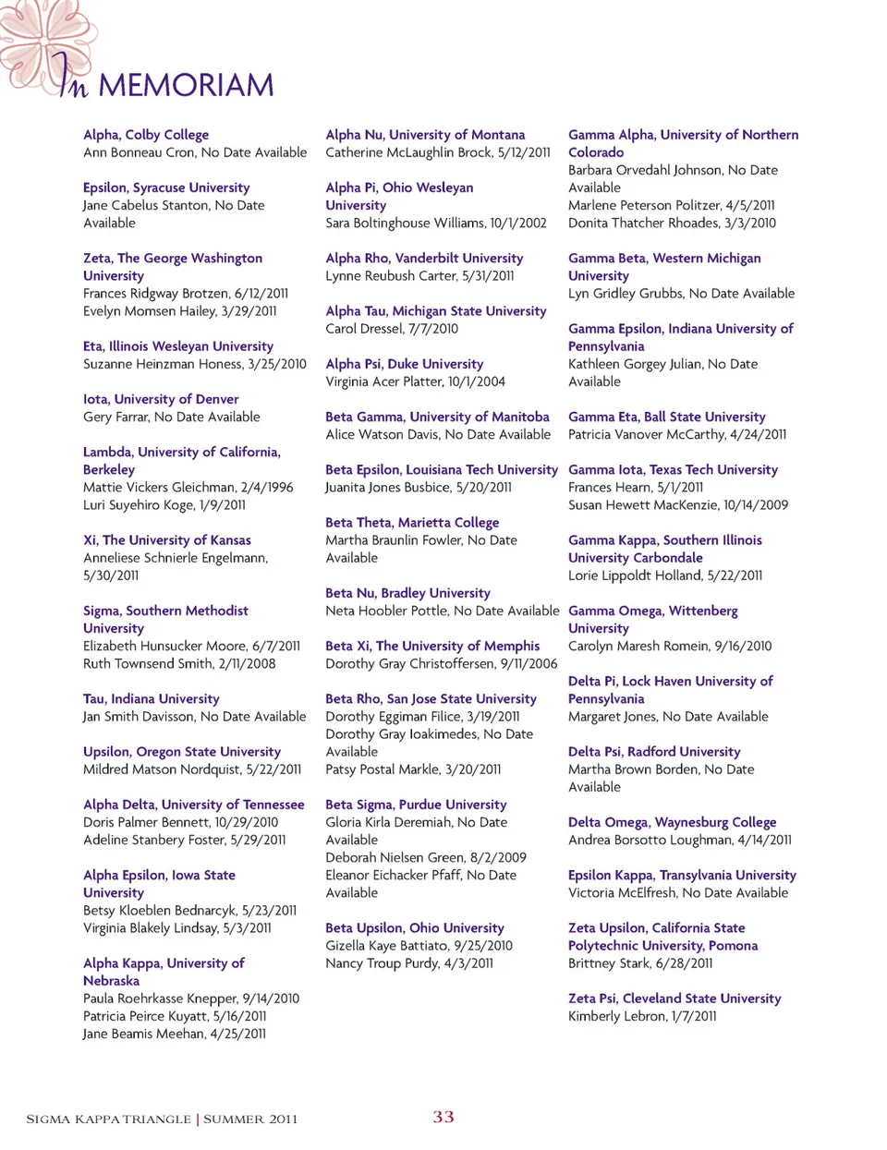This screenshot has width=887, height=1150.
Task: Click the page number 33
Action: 443,1117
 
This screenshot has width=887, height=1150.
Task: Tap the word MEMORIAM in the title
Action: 186,86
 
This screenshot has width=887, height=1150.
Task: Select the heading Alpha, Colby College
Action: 146,135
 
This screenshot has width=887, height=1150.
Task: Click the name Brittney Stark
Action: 609,963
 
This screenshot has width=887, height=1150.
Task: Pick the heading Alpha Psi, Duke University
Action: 404,364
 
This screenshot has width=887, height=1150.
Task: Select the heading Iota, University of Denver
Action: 161,399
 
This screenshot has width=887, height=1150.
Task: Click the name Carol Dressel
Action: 364,329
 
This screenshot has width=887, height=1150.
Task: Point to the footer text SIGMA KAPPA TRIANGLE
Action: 108,1120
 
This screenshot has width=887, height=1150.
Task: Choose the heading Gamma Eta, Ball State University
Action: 666,417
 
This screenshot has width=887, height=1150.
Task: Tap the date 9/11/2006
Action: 529,664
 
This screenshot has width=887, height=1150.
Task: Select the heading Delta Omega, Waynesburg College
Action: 672,822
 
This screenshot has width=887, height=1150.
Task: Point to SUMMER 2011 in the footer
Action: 250,1120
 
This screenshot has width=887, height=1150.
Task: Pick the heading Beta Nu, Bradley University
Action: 407,593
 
